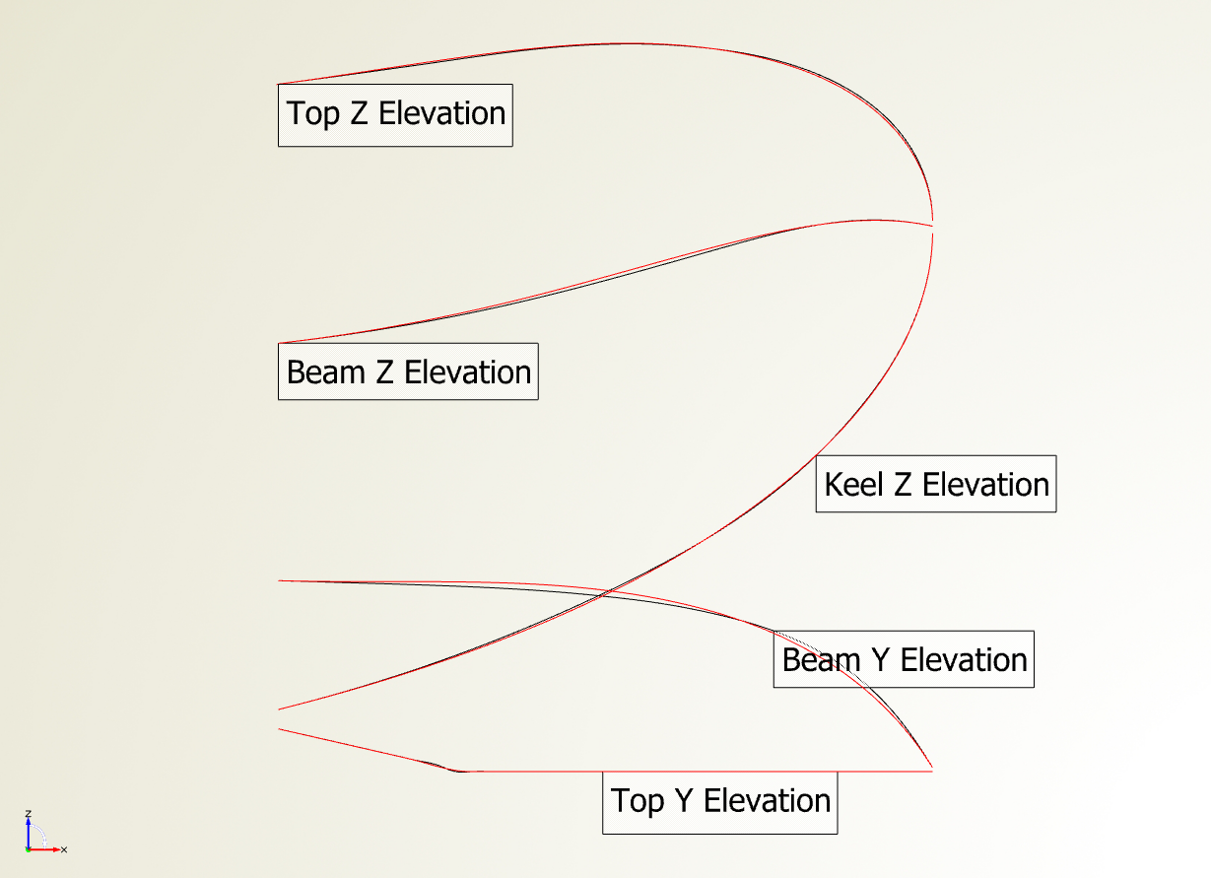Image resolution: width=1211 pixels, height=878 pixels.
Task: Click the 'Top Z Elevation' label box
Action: tap(395, 115)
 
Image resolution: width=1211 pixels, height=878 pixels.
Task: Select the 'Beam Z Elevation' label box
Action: tap(408, 371)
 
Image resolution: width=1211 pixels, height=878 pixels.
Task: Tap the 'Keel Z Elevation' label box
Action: tap(936, 484)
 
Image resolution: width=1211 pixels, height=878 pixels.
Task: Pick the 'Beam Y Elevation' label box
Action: tap(904, 659)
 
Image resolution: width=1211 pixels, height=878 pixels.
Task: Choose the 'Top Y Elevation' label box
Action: tap(720, 803)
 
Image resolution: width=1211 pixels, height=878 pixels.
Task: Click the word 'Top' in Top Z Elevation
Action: tap(313, 114)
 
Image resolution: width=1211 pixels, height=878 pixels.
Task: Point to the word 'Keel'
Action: tap(853, 484)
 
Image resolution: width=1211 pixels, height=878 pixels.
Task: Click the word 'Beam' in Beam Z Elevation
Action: tap(326, 372)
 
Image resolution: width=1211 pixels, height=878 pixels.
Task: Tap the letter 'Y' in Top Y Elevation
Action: tap(684, 801)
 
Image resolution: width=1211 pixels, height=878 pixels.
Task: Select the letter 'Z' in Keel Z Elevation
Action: tap(903, 485)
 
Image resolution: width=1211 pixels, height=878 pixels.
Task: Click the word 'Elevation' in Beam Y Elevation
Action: tap(964, 660)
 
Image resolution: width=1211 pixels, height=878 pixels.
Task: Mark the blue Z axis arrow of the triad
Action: tap(29, 833)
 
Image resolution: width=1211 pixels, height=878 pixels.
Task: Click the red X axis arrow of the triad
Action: tap(43, 849)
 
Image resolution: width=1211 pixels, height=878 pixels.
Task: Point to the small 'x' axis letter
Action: tap(64, 849)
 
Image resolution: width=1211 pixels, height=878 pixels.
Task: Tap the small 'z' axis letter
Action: tap(29, 813)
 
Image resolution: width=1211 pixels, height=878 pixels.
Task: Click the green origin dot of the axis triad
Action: tap(28, 849)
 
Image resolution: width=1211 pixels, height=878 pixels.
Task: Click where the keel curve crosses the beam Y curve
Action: tap(605, 593)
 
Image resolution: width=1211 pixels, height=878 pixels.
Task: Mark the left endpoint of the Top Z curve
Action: tap(279, 84)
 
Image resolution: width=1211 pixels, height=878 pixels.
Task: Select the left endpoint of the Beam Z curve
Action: tap(279, 343)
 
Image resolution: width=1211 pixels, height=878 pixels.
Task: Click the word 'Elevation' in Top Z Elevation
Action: tap(441, 113)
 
